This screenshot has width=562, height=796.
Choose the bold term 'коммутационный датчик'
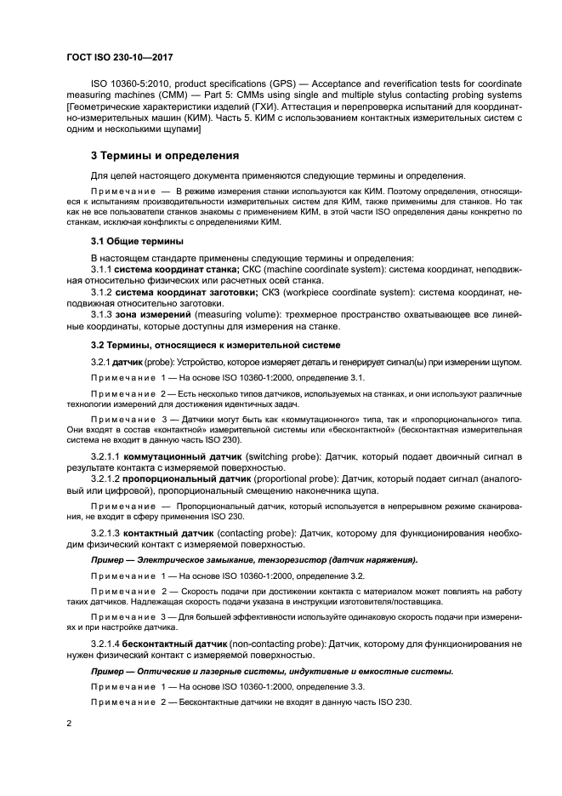(176, 456)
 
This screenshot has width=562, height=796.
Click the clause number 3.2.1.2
(110, 480)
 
